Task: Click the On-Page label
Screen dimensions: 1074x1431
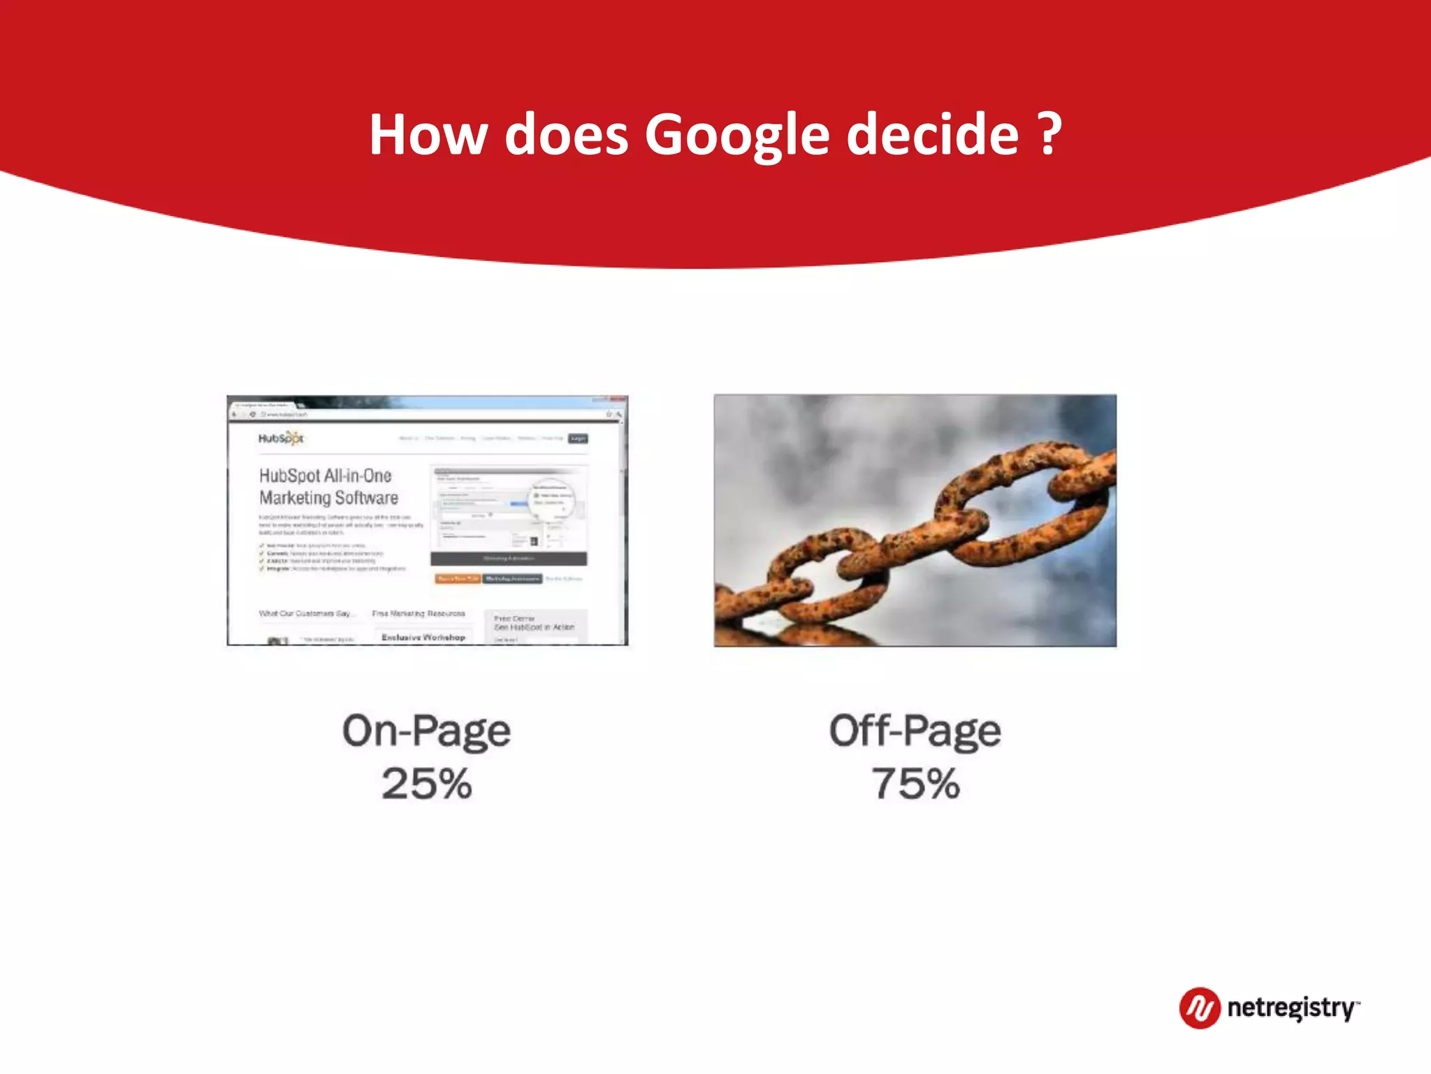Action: point(426,731)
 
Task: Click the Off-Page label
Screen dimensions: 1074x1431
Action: point(915,731)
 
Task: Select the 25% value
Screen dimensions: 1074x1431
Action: point(426,784)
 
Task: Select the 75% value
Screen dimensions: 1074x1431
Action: point(915,784)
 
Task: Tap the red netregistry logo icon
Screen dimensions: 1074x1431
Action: point(1200,1008)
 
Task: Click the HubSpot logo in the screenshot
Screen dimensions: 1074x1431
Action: point(281,438)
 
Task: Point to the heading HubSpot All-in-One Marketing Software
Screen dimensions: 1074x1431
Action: point(328,487)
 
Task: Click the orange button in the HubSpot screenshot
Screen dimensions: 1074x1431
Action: point(458,579)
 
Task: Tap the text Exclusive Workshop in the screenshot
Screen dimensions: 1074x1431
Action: point(423,637)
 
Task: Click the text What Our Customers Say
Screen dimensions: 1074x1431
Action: point(306,614)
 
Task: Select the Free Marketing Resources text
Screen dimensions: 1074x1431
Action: point(419,614)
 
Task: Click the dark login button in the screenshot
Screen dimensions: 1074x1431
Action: point(578,438)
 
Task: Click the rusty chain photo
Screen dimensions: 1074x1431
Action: point(915,520)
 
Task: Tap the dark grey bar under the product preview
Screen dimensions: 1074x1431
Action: point(509,559)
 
